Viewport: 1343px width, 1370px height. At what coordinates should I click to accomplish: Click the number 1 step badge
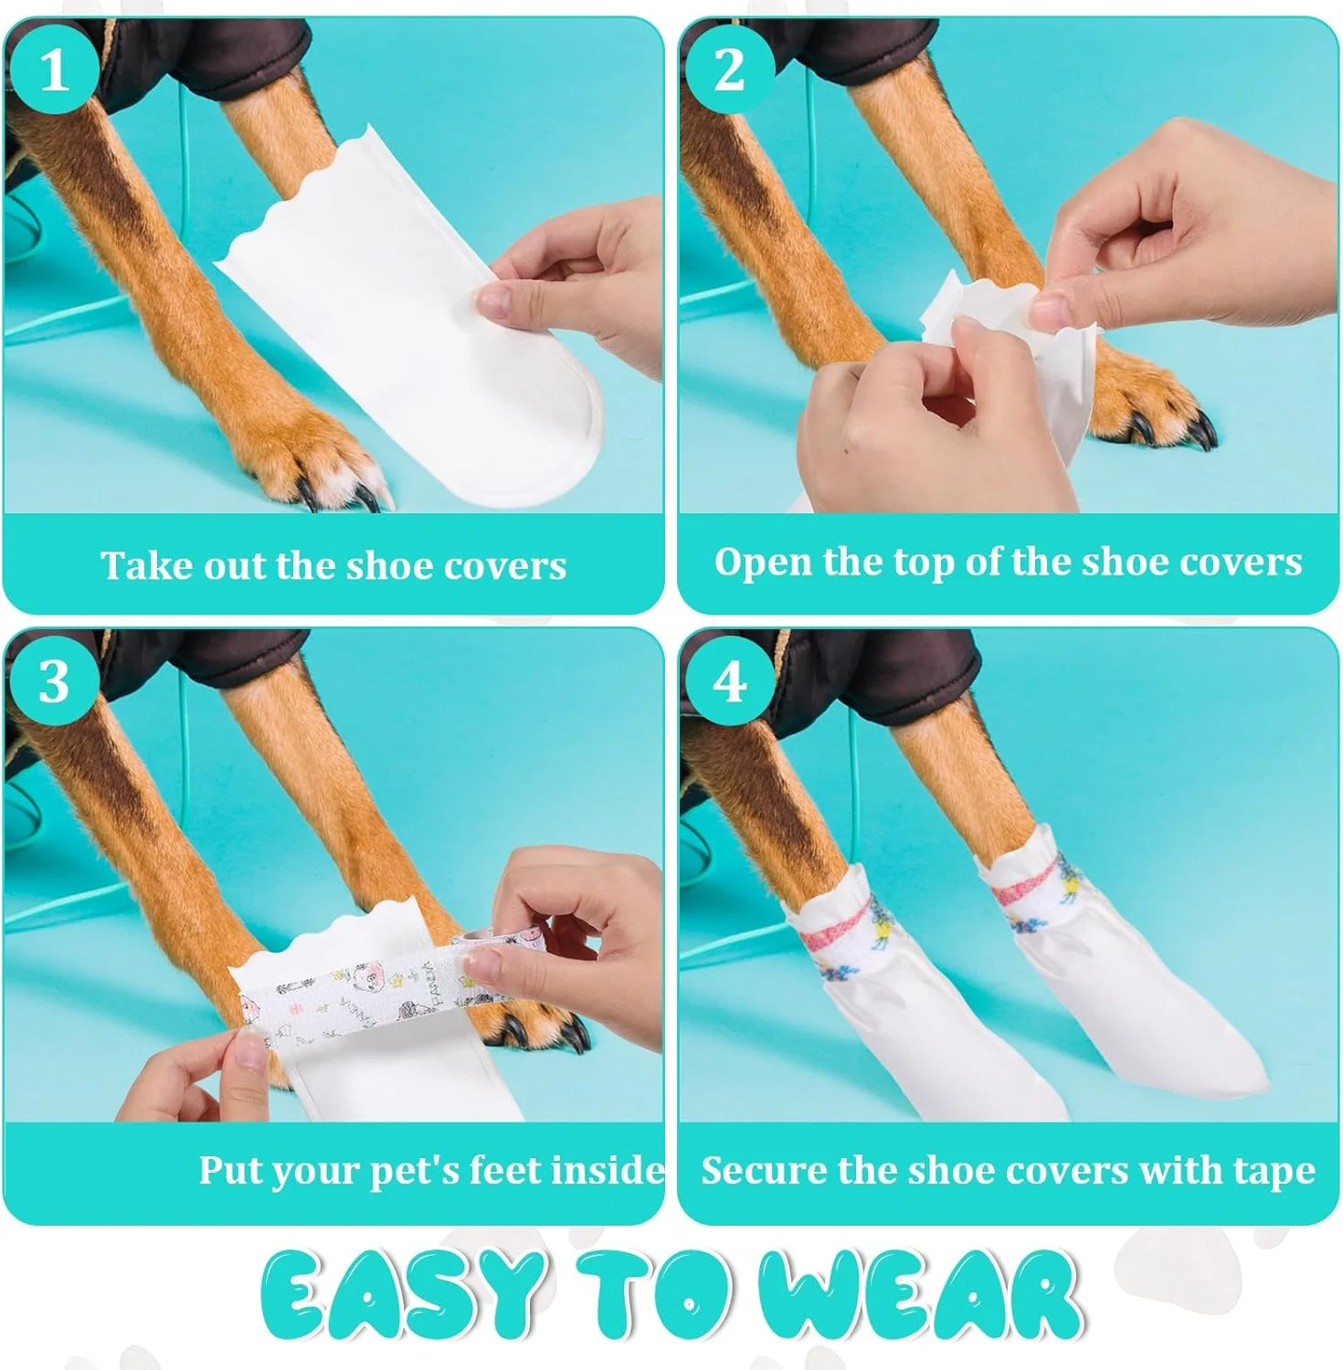click(x=55, y=68)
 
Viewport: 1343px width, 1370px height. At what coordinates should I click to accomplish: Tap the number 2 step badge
click(x=729, y=68)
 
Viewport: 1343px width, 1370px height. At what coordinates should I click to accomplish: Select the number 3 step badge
click(x=55, y=680)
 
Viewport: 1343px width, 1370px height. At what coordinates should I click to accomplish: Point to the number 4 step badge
click(x=729, y=680)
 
